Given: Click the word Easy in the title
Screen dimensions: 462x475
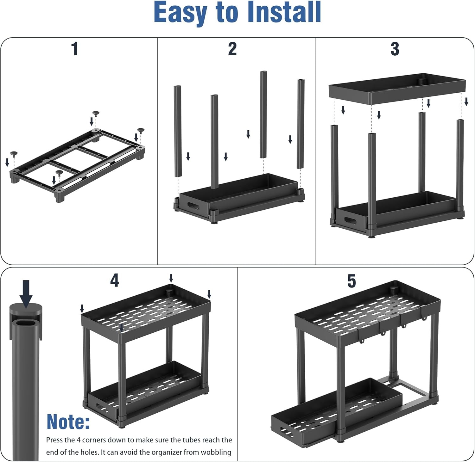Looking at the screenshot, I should (181, 13).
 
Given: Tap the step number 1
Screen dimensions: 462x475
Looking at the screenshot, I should (75, 49).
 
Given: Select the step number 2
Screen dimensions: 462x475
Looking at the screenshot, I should (232, 49).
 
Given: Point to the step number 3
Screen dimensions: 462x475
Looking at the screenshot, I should (395, 49).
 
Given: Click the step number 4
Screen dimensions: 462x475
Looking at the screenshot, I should (114, 280).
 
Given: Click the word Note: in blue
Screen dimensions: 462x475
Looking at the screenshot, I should (68, 422).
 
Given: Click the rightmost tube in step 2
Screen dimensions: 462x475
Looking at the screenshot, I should (301, 124).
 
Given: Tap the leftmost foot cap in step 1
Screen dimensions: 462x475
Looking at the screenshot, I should (14, 154).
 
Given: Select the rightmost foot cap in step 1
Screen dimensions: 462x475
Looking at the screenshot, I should (141, 130).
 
